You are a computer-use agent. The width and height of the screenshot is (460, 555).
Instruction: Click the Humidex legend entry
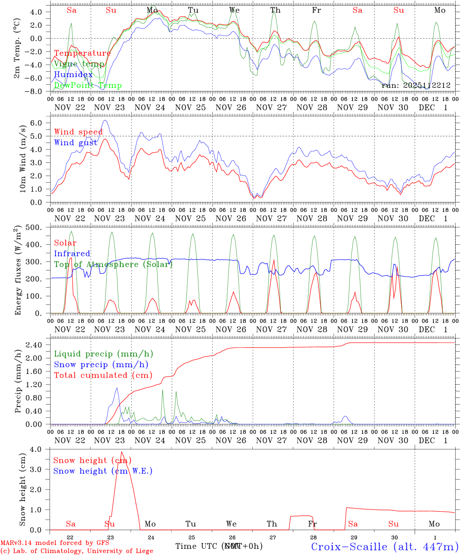(x=73, y=75)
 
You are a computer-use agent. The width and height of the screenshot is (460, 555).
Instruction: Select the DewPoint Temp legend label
(x=88, y=86)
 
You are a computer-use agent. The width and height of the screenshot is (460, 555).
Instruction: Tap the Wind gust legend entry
(x=76, y=143)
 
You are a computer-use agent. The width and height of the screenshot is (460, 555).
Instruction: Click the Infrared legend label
(x=72, y=254)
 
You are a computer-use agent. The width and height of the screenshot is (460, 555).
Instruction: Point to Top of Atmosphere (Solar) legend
(x=113, y=264)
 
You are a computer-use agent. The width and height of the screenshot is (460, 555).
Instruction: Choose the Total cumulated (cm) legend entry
(x=103, y=375)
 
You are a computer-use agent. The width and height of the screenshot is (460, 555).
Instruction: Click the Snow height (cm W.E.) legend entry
(x=103, y=471)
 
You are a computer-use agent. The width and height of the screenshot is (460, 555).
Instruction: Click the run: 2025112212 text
(x=416, y=85)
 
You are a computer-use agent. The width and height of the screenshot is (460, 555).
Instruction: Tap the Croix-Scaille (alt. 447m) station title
(x=384, y=547)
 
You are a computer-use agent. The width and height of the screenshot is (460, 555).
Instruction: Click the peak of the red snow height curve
(x=121, y=452)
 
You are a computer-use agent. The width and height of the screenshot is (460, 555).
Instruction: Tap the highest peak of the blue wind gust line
(x=105, y=120)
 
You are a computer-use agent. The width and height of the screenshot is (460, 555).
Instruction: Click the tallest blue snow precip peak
(x=117, y=388)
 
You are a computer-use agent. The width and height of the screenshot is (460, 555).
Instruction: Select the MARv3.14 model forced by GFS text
(x=55, y=543)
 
